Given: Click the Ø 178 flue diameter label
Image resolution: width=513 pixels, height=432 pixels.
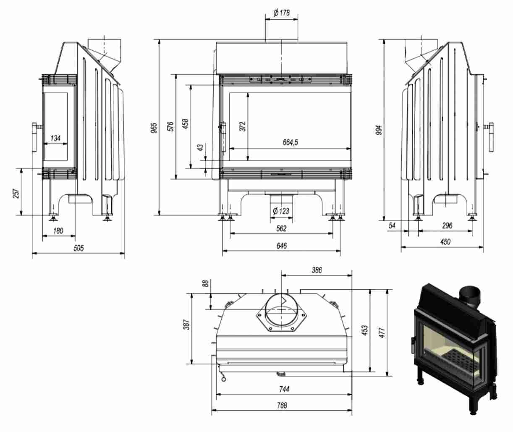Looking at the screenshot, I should click(x=281, y=13).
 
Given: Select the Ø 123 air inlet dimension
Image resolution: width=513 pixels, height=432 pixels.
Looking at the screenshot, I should click(x=281, y=211).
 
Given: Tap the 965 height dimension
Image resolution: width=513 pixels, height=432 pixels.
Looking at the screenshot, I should click(x=154, y=128).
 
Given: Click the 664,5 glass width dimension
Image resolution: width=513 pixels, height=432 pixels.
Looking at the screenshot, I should click(x=290, y=143).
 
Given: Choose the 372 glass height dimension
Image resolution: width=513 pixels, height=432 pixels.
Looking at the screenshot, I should click(x=242, y=126).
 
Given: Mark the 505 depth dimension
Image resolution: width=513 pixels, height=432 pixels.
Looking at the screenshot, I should click(x=79, y=248).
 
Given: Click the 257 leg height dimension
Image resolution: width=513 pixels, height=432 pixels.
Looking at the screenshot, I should click(x=16, y=193).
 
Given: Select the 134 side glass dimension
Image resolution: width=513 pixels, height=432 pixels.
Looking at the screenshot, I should click(x=55, y=138).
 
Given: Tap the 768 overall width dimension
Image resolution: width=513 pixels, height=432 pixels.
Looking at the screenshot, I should click(x=282, y=405).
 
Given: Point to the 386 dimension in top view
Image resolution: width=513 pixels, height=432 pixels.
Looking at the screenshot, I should click(x=317, y=270).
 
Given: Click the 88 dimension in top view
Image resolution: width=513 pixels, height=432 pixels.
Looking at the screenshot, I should click(x=205, y=283).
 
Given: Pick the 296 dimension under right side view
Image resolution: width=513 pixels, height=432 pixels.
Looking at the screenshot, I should click(x=447, y=225).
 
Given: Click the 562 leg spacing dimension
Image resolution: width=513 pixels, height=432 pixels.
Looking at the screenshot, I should click(x=281, y=228).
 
